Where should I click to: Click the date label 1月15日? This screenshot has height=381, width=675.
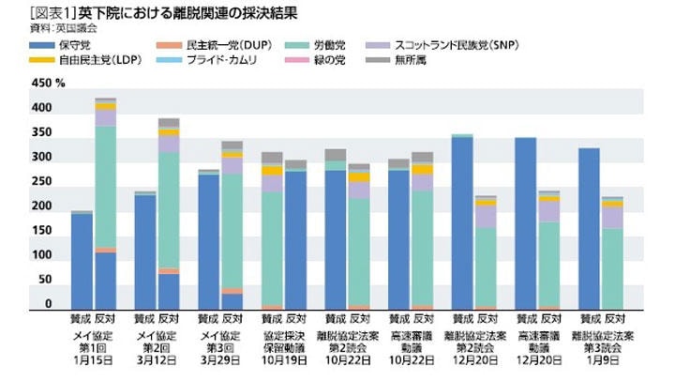pyautogui.click(x=94, y=359)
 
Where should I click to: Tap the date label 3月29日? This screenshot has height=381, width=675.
pyautogui.click(x=219, y=359)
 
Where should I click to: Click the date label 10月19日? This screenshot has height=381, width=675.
pyautogui.click(x=283, y=359)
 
